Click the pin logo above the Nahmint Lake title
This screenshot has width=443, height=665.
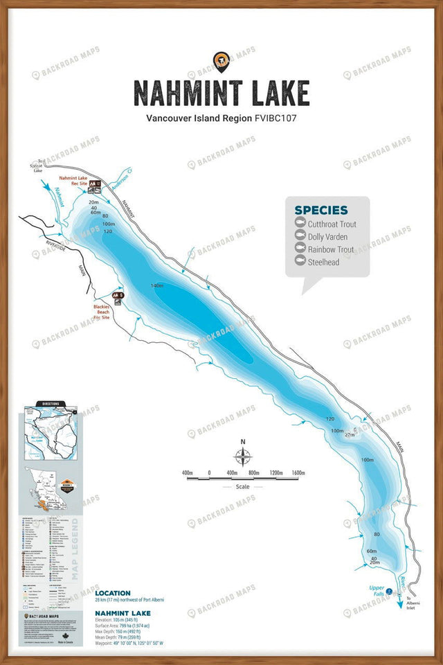point(221,62)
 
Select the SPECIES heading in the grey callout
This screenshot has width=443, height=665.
point(321,210)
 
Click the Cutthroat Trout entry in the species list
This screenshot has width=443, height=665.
point(332,224)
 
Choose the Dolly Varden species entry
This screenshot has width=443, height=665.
point(327,236)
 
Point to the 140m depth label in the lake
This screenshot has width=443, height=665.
point(156,286)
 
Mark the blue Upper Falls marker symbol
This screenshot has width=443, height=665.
point(389,591)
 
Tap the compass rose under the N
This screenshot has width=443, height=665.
point(242,456)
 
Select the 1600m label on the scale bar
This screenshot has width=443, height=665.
point(298,473)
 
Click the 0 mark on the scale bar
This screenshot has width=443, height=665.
point(209,473)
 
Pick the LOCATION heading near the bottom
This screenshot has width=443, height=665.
point(112,593)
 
